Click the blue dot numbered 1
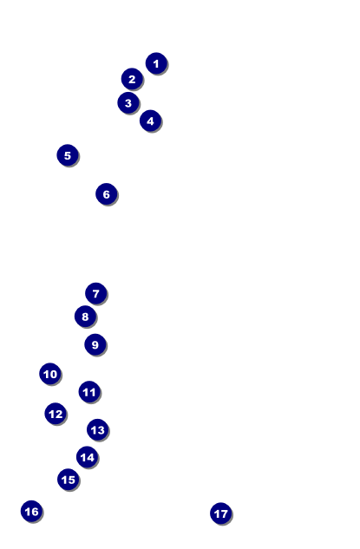click(156, 63)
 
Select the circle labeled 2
click(132, 79)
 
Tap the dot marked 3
click(128, 103)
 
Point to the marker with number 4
click(150, 121)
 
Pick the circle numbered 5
click(68, 155)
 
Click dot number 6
click(107, 194)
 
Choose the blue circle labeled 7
click(96, 293)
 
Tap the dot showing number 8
click(85, 317)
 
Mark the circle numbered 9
click(95, 344)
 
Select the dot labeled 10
click(50, 374)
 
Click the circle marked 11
click(89, 392)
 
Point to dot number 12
click(56, 414)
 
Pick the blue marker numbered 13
click(98, 429)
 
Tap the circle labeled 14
click(88, 457)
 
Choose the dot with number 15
click(69, 480)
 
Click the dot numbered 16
click(31, 511)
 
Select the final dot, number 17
click(221, 513)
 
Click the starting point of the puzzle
click(156, 63)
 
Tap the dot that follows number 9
click(50, 374)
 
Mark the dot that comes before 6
click(68, 155)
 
